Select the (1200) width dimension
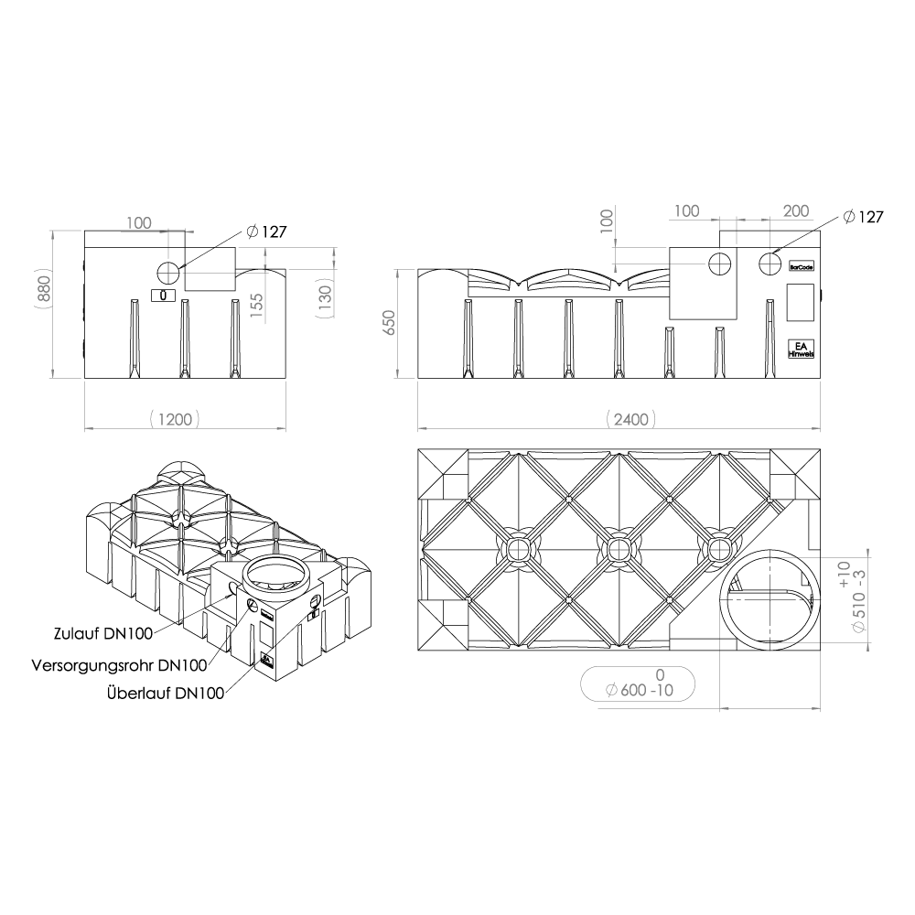click(175, 419)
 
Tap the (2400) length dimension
click(630, 419)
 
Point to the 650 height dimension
click(389, 323)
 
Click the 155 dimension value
click(256, 306)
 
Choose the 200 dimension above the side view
click(795, 210)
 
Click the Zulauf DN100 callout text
click(103, 634)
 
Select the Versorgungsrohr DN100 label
click(119, 665)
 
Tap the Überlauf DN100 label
click(166, 694)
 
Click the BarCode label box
click(802, 266)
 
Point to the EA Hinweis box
click(802, 349)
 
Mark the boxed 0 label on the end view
click(163, 296)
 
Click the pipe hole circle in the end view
click(169, 273)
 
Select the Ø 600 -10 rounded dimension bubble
click(638, 684)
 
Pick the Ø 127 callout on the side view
click(864, 217)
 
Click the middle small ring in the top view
click(618, 548)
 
